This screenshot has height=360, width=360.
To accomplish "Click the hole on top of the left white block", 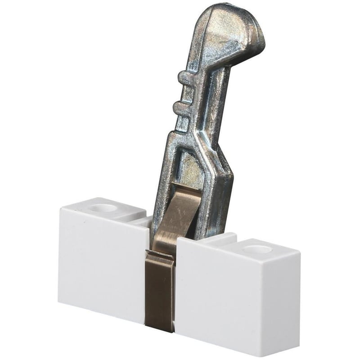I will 105,208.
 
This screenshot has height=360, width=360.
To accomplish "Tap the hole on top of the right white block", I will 256,249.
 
